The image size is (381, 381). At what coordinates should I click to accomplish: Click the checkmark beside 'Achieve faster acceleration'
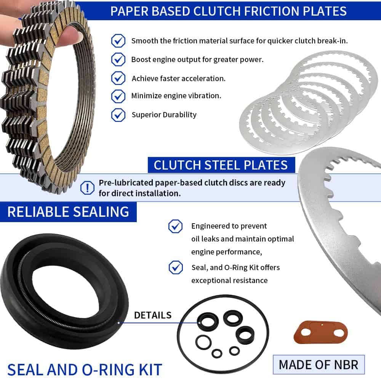click(118, 78)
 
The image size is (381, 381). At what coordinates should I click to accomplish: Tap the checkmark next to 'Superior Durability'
click(118, 115)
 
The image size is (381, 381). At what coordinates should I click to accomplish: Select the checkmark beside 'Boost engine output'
click(118, 59)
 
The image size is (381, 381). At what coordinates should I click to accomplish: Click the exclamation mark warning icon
click(87, 187)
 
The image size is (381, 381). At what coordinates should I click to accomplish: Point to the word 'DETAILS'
click(153, 315)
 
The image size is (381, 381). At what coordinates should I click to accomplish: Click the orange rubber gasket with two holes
click(321, 332)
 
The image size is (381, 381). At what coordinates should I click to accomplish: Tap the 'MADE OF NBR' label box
click(319, 365)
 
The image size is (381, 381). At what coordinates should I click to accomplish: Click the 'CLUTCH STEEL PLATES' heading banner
click(221, 165)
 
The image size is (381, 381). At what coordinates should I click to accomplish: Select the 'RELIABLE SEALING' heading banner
click(68, 211)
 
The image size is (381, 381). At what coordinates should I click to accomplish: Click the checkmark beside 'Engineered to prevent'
click(175, 226)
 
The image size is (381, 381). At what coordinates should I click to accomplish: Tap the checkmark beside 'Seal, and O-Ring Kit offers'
click(176, 267)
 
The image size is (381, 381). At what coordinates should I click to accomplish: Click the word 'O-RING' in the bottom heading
click(108, 370)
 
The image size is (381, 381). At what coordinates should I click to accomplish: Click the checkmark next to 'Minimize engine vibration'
click(118, 96)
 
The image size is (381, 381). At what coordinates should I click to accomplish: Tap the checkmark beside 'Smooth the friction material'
click(118, 41)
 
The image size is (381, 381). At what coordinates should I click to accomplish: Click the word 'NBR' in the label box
click(346, 365)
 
